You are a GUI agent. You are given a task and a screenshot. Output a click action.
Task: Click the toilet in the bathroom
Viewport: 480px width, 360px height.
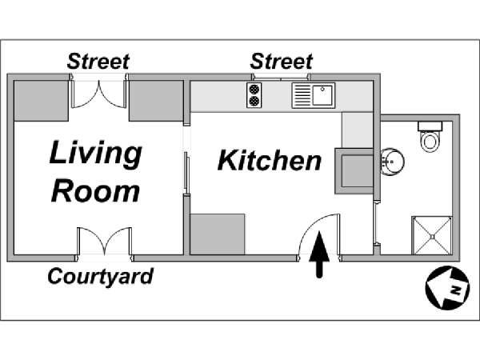pyautogui.click(x=430, y=137)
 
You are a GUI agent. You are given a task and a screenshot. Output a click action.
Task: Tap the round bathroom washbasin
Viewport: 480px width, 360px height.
pyautogui.click(x=393, y=162)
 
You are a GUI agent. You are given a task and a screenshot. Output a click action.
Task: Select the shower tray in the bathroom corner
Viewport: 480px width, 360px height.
pyautogui.click(x=432, y=235)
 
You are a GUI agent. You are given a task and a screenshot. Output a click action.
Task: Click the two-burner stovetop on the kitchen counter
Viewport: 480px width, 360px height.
pyautogui.click(x=254, y=95)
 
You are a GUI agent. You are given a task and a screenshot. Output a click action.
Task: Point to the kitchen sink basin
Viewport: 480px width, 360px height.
pyautogui.click(x=323, y=95)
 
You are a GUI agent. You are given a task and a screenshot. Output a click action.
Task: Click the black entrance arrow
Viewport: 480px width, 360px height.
pyautogui.click(x=319, y=254)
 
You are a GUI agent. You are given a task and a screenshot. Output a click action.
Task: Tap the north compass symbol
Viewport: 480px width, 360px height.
pyautogui.click(x=447, y=288)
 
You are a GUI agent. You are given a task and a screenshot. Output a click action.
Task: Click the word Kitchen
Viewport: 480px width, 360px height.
pyautogui.click(x=270, y=160)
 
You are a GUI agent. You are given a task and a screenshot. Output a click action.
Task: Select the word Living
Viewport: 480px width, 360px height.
pyautogui.click(x=95, y=154)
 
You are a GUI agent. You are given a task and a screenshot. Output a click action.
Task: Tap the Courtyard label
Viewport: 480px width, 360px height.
pyautogui.click(x=101, y=277)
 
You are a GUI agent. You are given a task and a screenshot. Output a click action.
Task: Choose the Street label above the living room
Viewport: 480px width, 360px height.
pyautogui.click(x=98, y=62)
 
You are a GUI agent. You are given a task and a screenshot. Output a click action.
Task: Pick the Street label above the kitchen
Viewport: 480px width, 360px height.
pyautogui.click(x=282, y=62)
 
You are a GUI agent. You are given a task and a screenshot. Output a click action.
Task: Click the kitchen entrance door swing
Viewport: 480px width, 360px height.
pyautogui.click(x=318, y=235)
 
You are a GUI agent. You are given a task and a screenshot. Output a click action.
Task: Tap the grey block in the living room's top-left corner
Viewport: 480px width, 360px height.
pyautogui.click(x=42, y=101)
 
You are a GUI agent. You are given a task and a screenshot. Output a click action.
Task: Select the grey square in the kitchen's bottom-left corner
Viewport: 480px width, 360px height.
pyautogui.click(x=218, y=234)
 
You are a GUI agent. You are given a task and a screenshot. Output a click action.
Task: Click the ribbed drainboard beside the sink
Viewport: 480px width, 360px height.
pyautogui.click(x=302, y=95)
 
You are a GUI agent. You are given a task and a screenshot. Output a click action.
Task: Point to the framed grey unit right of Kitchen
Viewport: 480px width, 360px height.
pyautogui.click(x=354, y=171)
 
